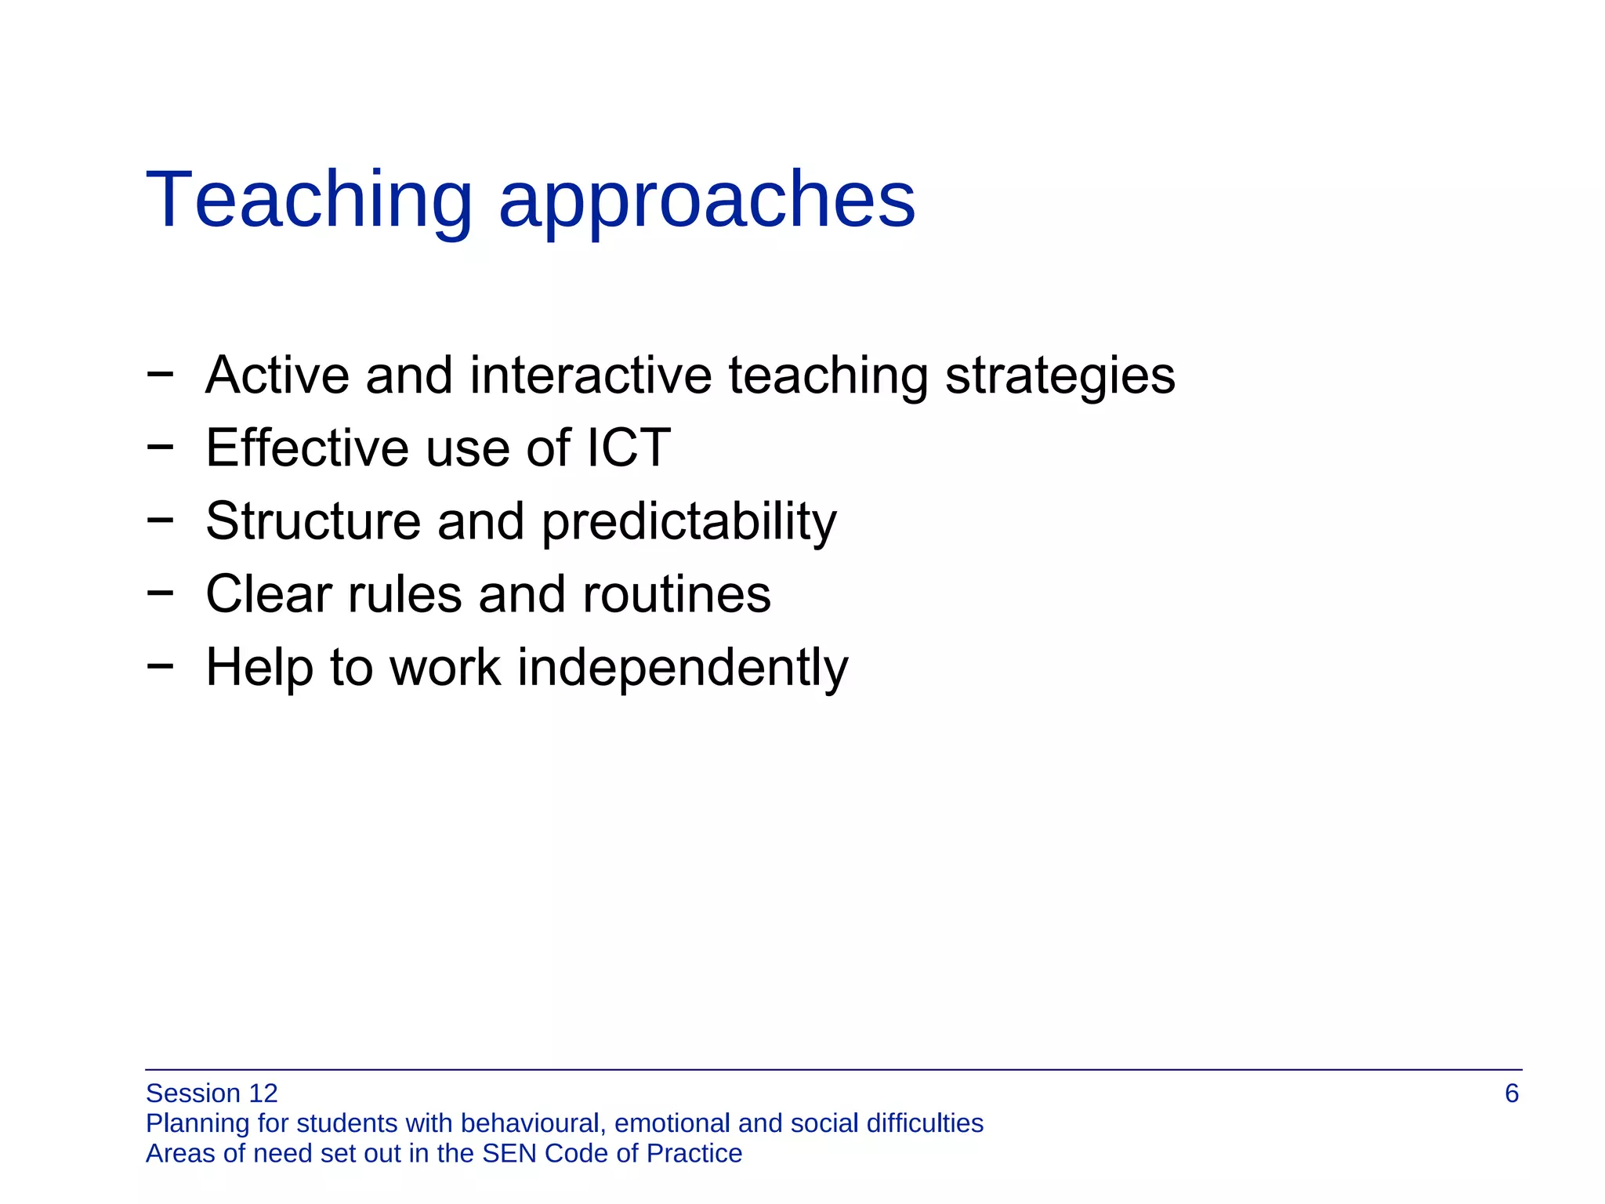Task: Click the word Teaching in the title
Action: pyautogui.click(x=309, y=201)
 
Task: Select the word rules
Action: pyautogui.click(x=404, y=593)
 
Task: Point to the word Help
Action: pyautogui.click(x=259, y=667)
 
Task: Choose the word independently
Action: pyautogui.click(x=683, y=669)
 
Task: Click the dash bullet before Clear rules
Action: pyautogui.click(x=160, y=593)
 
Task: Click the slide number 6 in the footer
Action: pyautogui.click(x=1512, y=1093)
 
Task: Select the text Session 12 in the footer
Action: pyautogui.click(x=212, y=1093)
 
